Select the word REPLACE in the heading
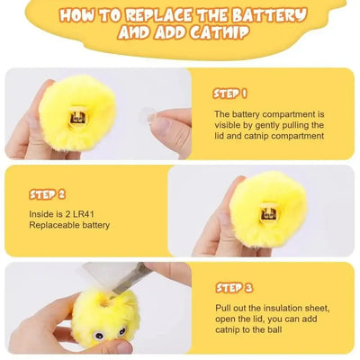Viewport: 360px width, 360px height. [x=176, y=16]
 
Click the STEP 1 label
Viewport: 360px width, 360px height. [x=230, y=93]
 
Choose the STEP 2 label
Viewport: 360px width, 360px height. [x=47, y=193]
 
